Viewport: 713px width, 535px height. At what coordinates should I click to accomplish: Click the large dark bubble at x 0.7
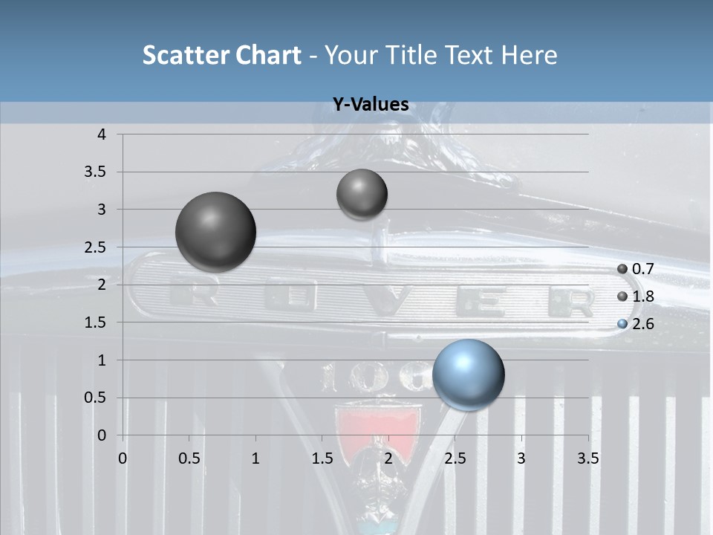(215, 232)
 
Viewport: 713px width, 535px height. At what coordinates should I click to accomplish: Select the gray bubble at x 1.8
(362, 194)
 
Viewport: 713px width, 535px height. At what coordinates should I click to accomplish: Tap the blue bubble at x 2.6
(468, 374)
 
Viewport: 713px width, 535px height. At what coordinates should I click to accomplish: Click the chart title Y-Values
(370, 105)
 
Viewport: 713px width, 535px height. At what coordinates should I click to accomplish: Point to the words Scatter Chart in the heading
(221, 55)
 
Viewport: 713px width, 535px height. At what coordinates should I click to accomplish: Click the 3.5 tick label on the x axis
(587, 458)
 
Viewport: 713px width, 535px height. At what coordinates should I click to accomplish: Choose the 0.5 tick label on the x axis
(189, 458)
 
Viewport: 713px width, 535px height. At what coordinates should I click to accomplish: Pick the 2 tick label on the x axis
(388, 458)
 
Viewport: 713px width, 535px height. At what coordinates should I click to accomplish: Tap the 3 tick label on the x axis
(521, 458)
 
